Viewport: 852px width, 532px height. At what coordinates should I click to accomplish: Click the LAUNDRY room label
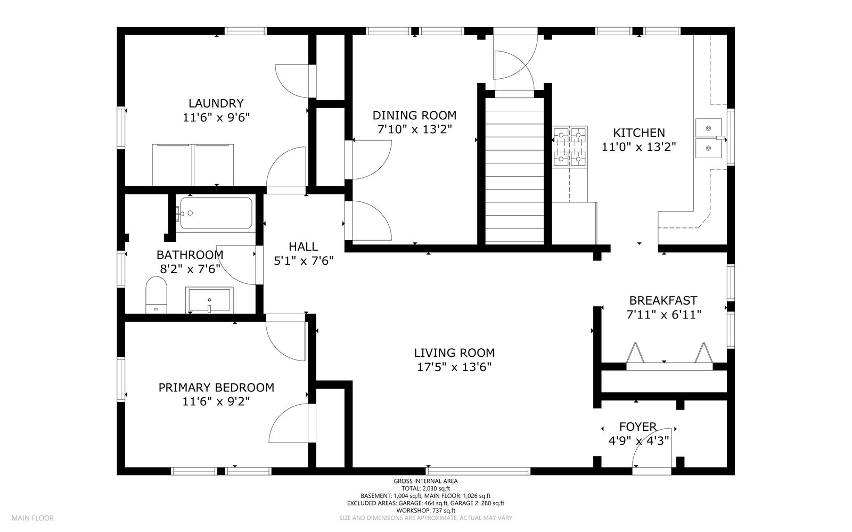point(216,103)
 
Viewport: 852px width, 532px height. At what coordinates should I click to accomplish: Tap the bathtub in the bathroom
point(216,213)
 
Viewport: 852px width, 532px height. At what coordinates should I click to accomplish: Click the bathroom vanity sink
point(209,300)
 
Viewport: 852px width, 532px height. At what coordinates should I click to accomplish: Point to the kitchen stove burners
point(569,146)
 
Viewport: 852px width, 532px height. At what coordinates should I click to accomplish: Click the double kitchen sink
point(708,138)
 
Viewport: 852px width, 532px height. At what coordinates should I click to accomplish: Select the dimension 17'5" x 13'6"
point(454,367)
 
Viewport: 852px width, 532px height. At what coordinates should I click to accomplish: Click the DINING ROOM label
point(414,116)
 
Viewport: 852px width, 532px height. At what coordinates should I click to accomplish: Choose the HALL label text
point(303,247)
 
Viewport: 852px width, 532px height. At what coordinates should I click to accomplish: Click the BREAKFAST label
point(663,300)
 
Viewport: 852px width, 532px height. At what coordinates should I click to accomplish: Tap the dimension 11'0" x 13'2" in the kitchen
point(638,148)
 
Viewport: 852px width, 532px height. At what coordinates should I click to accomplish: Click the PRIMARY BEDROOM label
point(216,388)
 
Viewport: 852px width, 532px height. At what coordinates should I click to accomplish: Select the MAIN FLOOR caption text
point(32,518)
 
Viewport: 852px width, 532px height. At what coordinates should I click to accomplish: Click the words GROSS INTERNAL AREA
point(425,481)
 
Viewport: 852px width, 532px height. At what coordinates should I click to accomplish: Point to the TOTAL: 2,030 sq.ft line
point(425,488)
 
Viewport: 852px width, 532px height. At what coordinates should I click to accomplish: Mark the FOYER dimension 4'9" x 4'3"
point(638,441)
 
